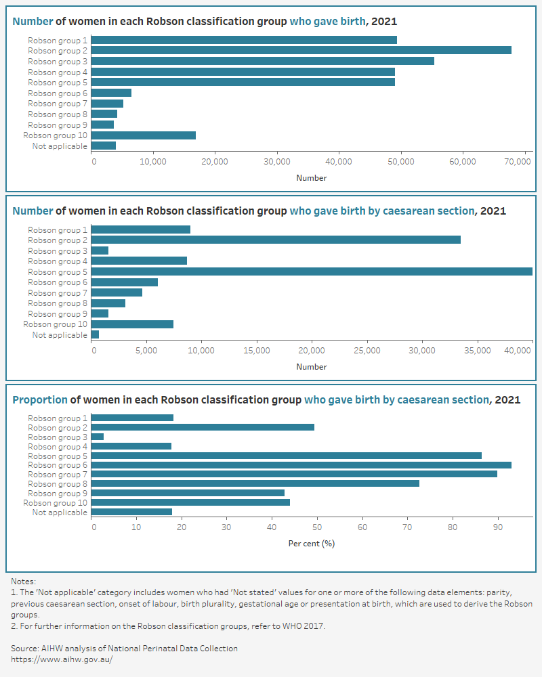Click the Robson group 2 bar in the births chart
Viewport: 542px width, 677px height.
point(301,51)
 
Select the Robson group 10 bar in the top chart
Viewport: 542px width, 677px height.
point(144,135)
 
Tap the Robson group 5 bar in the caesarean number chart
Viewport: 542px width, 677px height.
point(312,271)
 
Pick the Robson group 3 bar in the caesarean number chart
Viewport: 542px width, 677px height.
point(100,251)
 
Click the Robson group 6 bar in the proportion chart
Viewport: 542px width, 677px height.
point(301,465)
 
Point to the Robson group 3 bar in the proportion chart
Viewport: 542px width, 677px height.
point(98,437)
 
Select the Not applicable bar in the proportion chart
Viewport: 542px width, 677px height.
point(131,512)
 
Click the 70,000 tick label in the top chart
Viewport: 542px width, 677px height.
point(518,162)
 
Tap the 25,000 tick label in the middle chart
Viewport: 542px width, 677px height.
point(367,350)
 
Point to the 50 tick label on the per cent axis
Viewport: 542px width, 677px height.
point(317,527)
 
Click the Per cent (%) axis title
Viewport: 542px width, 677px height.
point(312,544)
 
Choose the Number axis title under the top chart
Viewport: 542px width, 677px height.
point(312,178)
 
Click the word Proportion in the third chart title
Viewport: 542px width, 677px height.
point(40,400)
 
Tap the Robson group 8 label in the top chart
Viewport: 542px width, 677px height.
point(58,114)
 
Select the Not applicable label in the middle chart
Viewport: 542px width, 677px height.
point(60,335)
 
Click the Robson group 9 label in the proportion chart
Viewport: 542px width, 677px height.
point(58,494)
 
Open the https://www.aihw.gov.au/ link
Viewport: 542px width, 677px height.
point(62,659)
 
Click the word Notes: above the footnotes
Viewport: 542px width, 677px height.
point(23,582)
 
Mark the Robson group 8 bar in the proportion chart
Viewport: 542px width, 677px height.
point(255,483)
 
